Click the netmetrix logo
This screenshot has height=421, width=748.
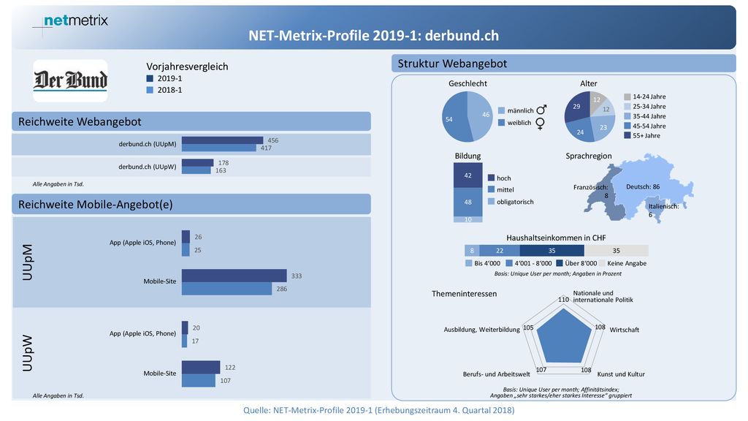tap(75, 20)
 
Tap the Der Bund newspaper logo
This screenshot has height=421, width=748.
tap(70, 80)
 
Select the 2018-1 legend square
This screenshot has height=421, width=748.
tap(150, 90)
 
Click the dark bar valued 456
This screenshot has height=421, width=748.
tap(222, 140)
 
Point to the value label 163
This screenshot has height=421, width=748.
tap(221, 170)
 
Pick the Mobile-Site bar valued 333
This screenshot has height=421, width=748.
tap(234, 276)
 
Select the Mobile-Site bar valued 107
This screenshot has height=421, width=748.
tap(199, 380)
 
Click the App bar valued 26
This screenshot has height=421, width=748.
tap(186, 237)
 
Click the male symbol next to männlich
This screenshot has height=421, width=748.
tap(541, 110)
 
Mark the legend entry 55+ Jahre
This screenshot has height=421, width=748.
tap(642, 135)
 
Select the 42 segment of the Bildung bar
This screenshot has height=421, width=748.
tap(467, 175)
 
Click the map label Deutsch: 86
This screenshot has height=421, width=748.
tap(643, 186)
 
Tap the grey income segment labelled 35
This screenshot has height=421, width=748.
tap(616, 251)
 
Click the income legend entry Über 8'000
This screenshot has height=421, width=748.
tap(576, 263)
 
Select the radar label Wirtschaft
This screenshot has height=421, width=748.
tap(624, 330)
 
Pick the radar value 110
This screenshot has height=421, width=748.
tap(563, 300)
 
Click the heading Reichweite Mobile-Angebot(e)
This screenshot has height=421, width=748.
tap(96, 205)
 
